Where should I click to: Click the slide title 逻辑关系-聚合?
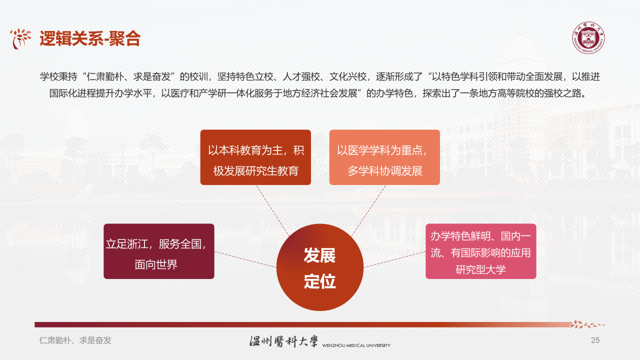pyautogui.click(x=90, y=38)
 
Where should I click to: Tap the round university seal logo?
pyautogui.click(x=587, y=38)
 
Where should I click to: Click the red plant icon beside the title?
pyautogui.click(x=21, y=38)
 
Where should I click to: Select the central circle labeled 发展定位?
pyautogui.click(x=320, y=267)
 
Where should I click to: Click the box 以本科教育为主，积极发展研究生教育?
pyautogui.click(x=255, y=157)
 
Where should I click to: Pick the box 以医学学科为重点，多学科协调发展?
pyautogui.click(x=384, y=157)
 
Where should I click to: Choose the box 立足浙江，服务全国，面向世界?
pyautogui.click(x=159, y=251)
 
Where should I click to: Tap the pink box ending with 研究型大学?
pyautogui.click(x=480, y=251)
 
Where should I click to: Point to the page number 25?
pyautogui.click(x=595, y=340)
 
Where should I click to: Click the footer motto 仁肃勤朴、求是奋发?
pyautogui.click(x=75, y=340)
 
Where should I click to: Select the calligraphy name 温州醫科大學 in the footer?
pyautogui.click(x=283, y=341)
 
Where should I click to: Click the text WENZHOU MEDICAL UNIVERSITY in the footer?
pyautogui.click(x=356, y=345)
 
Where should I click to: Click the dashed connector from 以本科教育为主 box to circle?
pyautogui.click(x=272, y=210)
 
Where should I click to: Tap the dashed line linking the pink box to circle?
pyautogui.click(x=395, y=259)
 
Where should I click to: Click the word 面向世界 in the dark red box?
pyautogui.click(x=156, y=264)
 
